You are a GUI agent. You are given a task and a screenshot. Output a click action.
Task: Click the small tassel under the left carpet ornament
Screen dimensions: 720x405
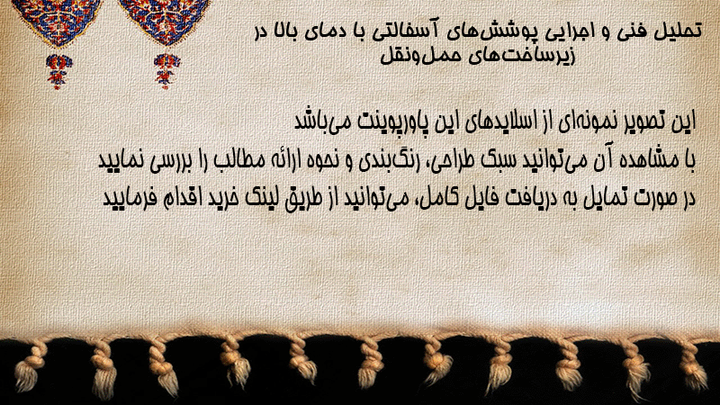[x=58, y=71]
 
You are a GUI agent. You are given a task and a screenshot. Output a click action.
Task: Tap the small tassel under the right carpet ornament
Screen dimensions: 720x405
[x=166, y=70]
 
